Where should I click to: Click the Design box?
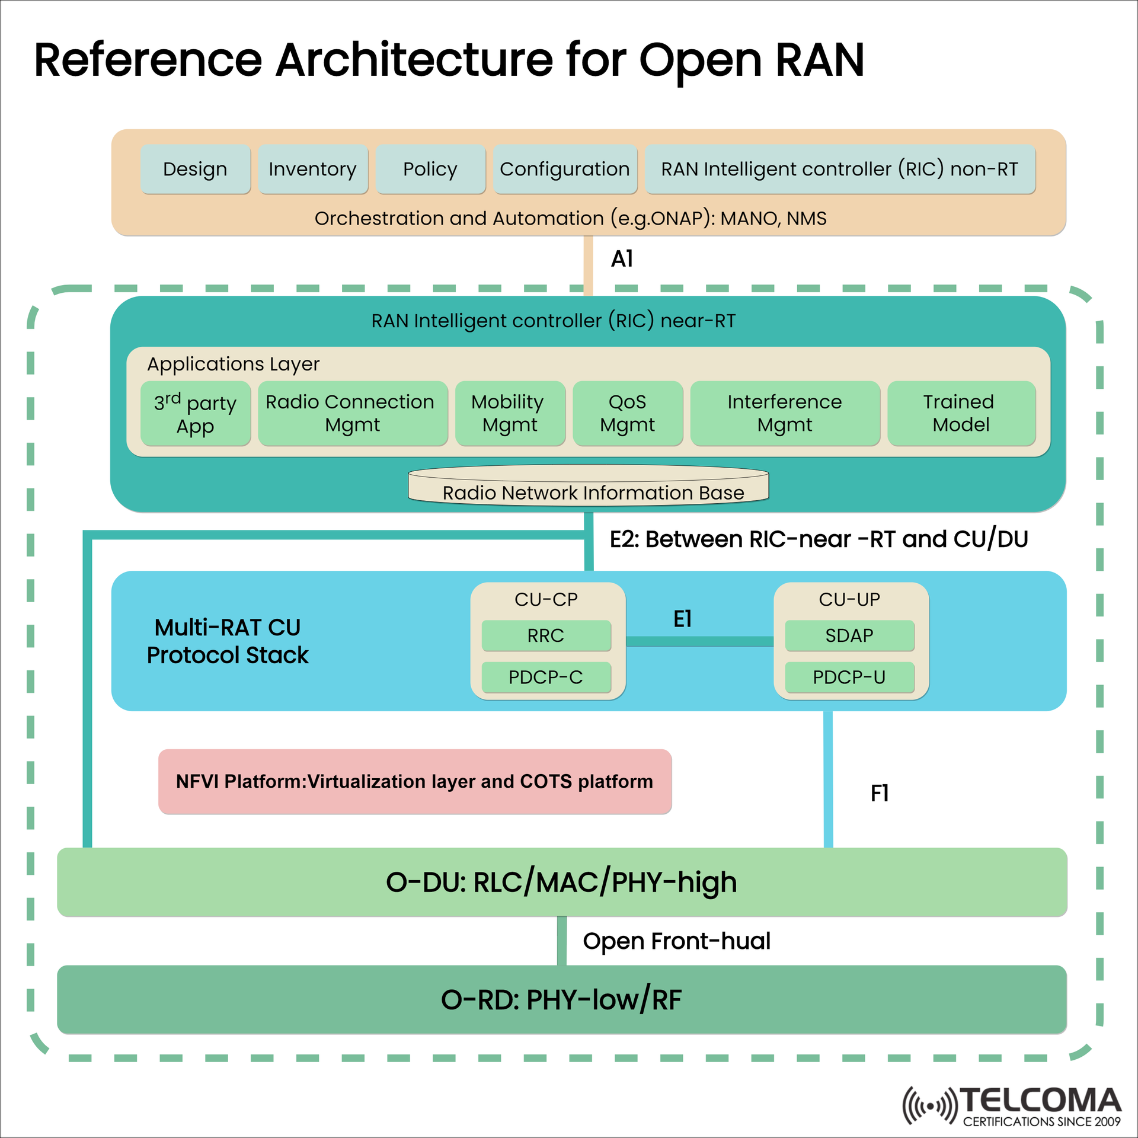[196, 169]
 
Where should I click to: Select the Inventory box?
[313, 169]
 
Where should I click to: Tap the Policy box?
[430, 169]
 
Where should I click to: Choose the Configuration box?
[565, 169]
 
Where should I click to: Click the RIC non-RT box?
[839, 169]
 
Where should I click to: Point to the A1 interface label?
[622, 259]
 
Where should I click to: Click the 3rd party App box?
[196, 414]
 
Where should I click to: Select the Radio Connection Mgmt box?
[352, 413]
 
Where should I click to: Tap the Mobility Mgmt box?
[510, 413]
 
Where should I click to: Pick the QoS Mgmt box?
[627, 413]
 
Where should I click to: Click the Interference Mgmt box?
[784, 413]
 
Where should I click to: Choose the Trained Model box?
[961, 413]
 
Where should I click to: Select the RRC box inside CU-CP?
[546, 635]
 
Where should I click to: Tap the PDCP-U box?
[849, 677]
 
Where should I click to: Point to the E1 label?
[682, 619]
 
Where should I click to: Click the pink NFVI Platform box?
[415, 781]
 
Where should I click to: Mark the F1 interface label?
[879, 793]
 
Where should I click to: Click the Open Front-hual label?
[676, 941]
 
